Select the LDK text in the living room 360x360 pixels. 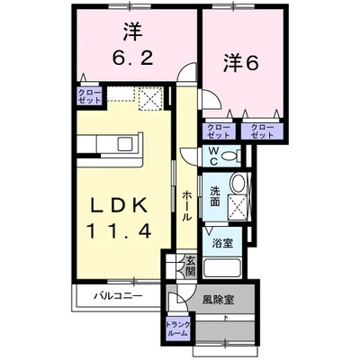115,205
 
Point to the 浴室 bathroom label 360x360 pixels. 220,242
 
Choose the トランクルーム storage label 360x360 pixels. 176,328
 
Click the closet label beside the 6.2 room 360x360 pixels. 90,95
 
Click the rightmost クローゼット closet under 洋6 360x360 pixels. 263,130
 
